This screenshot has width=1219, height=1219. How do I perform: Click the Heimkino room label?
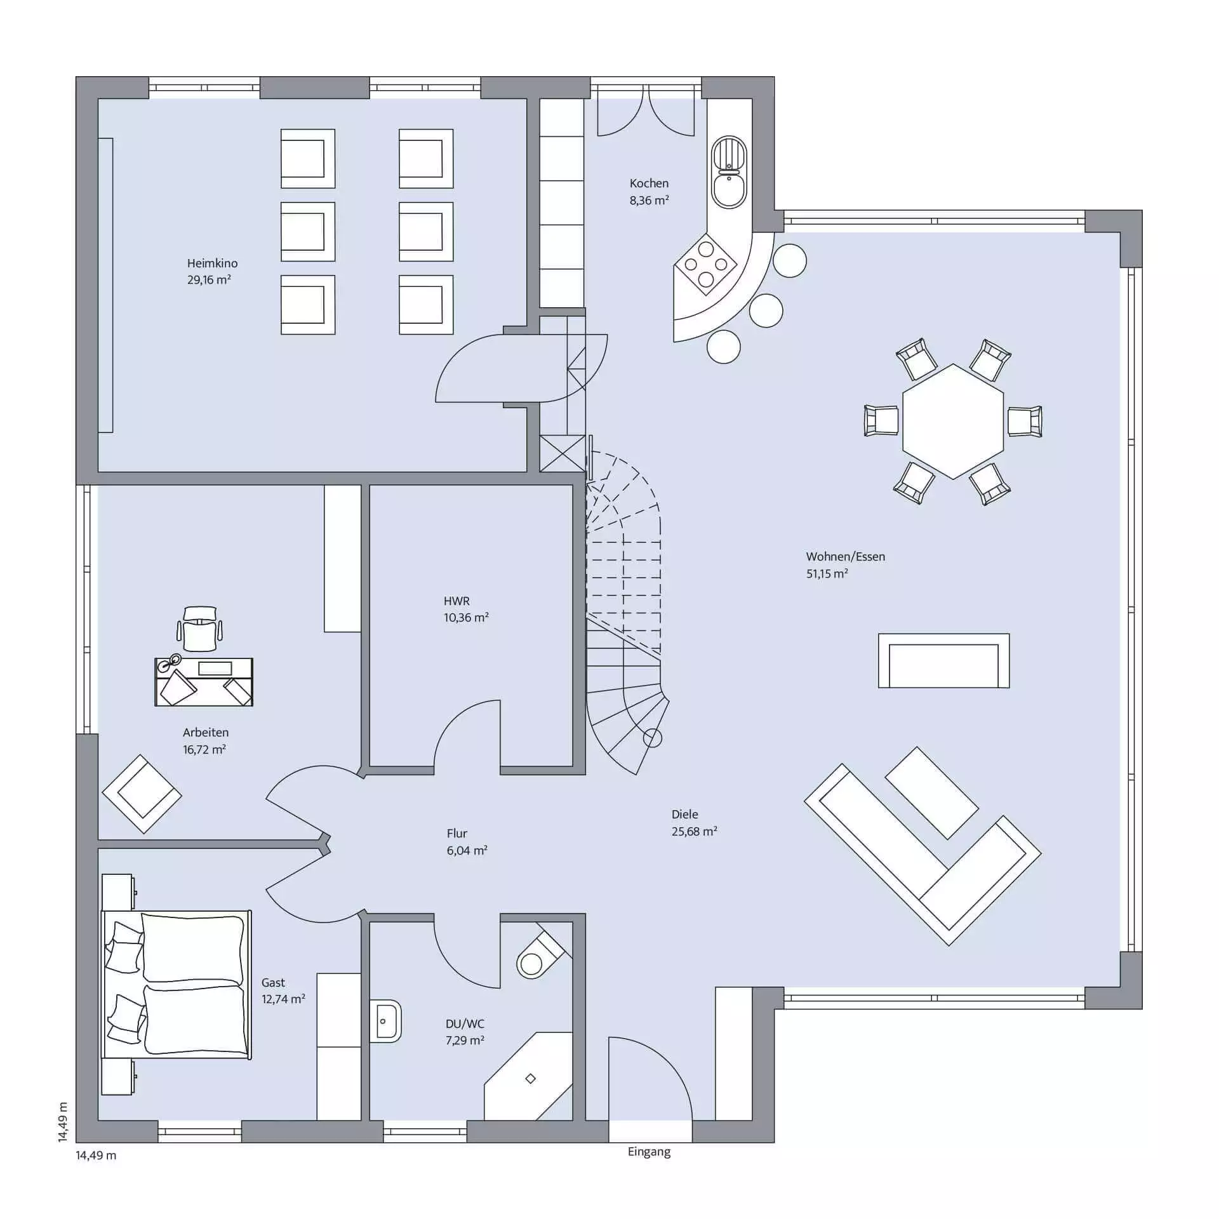click(212, 263)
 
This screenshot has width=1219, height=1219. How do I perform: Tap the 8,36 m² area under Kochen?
click(649, 200)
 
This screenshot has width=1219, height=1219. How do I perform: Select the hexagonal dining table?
click(953, 421)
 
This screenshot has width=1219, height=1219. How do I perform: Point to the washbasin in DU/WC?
click(385, 1021)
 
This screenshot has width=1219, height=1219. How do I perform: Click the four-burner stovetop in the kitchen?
click(706, 265)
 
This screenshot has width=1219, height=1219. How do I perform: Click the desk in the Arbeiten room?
click(204, 682)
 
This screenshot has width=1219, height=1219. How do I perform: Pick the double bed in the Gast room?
click(177, 985)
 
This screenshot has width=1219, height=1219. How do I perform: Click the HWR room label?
click(456, 601)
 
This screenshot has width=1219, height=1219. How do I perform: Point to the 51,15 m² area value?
click(827, 573)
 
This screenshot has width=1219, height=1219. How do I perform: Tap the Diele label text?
click(684, 814)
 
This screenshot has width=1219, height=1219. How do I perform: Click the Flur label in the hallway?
click(456, 833)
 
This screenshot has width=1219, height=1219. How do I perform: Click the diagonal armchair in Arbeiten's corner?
click(142, 794)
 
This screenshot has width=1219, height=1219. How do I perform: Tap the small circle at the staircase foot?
click(653, 738)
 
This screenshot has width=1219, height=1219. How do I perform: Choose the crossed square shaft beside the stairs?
click(563, 453)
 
